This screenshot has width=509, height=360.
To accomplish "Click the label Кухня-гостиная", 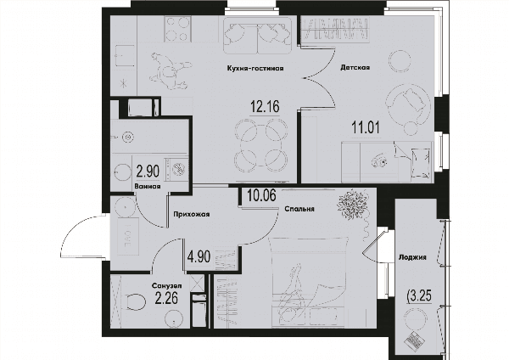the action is pyautogui.click(x=255, y=68).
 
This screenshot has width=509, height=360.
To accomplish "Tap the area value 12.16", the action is pyautogui.click(x=265, y=106).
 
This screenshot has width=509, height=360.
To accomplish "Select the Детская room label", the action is pyautogui.click(x=355, y=68).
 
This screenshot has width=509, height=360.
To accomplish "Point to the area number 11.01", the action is pyautogui.click(x=366, y=127).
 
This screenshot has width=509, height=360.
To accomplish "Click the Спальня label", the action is pyautogui.click(x=299, y=209).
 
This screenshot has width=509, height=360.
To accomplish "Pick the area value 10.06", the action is pyautogui.click(x=261, y=195).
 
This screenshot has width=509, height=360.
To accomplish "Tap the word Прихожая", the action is pyautogui.click(x=191, y=214).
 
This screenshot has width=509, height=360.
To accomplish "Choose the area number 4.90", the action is pyautogui.click(x=199, y=256).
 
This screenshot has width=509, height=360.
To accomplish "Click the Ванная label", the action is pyautogui.click(x=148, y=186).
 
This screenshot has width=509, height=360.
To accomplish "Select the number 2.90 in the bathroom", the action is pyautogui.click(x=148, y=172).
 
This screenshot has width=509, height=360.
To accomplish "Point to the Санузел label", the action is pyautogui.click(x=166, y=286).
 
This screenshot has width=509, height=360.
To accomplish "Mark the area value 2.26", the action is pyautogui.click(x=166, y=298).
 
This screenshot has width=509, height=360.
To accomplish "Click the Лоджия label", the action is pyautogui.click(x=412, y=257).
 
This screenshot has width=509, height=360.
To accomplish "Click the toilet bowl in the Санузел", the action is pyautogui.click(x=137, y=302).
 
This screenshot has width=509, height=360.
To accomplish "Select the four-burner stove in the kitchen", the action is pyautogui.click(x=177, y=29).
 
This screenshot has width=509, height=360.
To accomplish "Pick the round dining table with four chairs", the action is pyautogui.click(x=260, y=143).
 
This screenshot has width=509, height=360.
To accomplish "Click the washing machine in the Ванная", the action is pyautogui.click(x=176, y=168).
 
